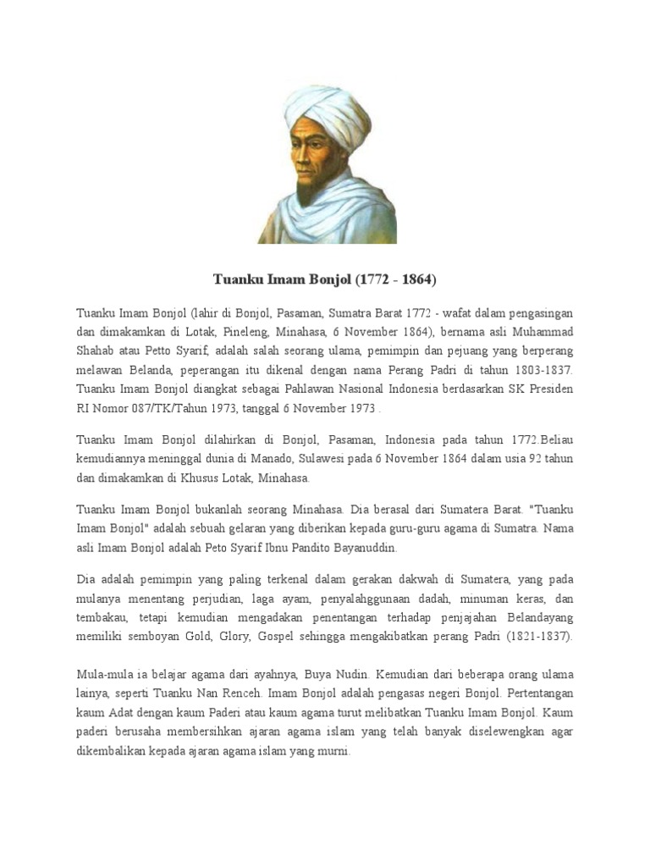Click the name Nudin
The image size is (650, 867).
349,675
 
